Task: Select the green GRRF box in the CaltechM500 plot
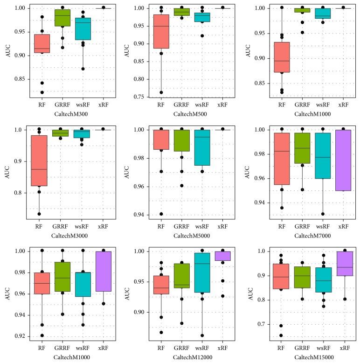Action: [x=181, y=12]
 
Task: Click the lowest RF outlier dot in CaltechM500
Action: [x=161, y=92]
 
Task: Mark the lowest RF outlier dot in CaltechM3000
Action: [x=39, y=214]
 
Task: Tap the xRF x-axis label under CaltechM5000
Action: [x=222, y=226]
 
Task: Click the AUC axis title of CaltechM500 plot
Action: [x=127, y=52]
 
